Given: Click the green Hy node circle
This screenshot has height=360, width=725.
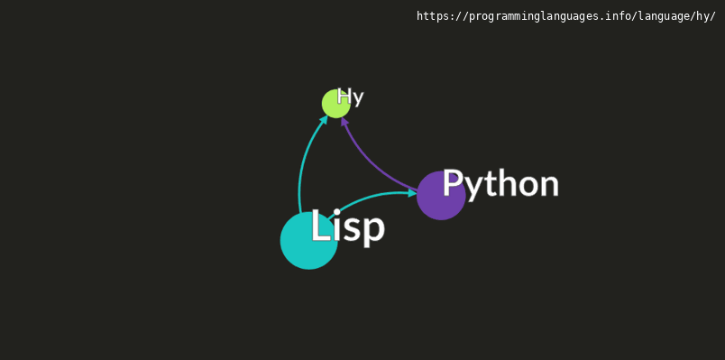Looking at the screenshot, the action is (x=336, y=104).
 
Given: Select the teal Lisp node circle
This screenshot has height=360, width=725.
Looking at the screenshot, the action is (x=309, y=241).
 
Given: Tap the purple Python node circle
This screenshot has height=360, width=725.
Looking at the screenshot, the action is (x=441, y=195).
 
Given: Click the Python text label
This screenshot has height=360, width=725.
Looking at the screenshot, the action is (x=500, y=185).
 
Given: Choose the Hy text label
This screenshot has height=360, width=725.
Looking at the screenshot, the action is (x=351, y=97).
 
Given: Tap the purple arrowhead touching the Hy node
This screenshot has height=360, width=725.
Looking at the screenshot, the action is (x=344, y=121).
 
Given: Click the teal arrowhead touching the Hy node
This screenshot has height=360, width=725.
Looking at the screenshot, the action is (x=324, y=119).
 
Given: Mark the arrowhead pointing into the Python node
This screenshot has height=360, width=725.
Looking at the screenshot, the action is (x=413, y=193).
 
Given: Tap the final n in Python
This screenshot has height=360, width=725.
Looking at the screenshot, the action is (x=549, y=186).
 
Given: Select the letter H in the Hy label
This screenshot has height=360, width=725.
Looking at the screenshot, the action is (x=344, y=96).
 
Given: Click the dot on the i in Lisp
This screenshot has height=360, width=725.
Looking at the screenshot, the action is (x=337, y=212).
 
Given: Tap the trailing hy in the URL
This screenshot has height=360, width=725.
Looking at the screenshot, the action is (x=703, y=16).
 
